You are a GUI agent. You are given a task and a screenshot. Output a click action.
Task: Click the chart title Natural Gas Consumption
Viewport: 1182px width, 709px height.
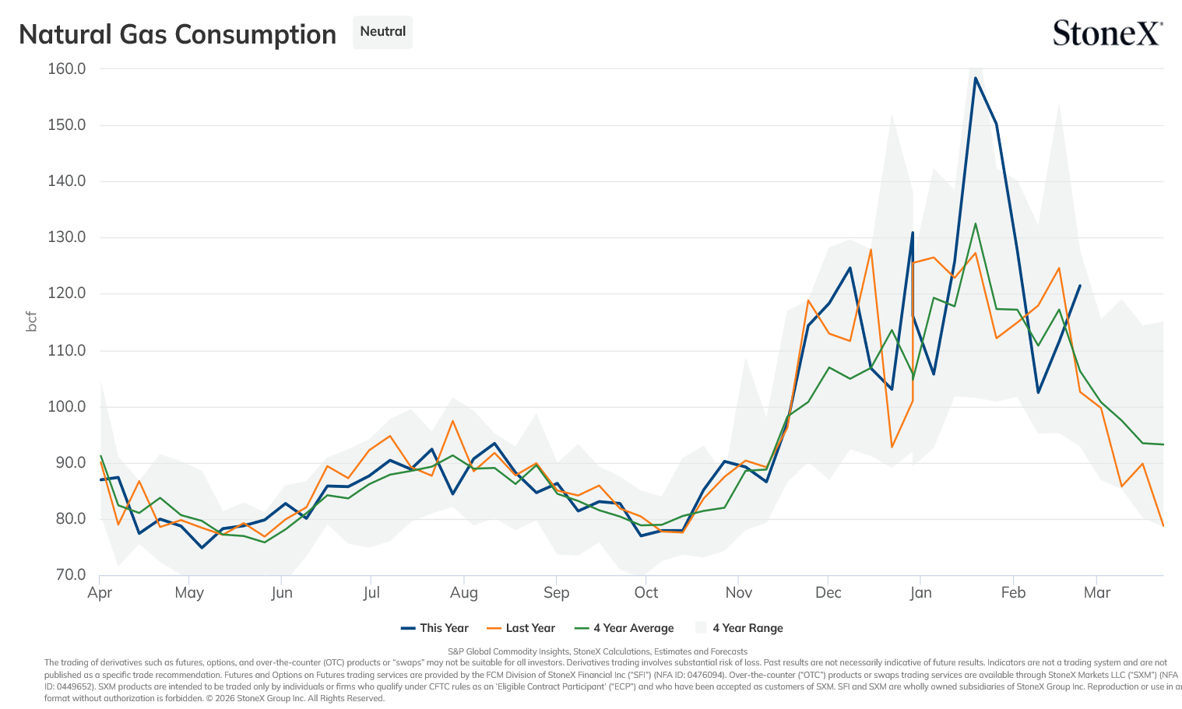point(178,35)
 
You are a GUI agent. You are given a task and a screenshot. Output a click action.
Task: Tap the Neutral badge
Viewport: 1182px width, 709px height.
point(382,32)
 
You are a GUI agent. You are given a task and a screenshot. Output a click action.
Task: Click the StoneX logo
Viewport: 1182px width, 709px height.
point(1107,33)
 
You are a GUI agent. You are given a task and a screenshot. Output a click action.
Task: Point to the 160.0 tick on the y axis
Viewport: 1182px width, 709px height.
point(66,68)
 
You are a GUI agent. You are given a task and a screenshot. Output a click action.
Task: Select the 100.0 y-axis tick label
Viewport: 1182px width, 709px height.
point(66,407)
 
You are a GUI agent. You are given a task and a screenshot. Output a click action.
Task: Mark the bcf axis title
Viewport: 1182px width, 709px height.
point(31,321)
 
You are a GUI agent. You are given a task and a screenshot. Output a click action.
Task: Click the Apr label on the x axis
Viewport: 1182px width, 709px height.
point(100,592)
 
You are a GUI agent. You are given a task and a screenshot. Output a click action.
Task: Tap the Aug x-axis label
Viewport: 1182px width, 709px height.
point(464,592)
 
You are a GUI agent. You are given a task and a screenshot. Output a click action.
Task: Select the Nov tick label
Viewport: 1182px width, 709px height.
point(739,592)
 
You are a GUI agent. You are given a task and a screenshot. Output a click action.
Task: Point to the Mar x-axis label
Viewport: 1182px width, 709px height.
point(1097,592)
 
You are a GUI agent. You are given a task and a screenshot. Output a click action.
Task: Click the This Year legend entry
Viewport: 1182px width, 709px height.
point(434,628)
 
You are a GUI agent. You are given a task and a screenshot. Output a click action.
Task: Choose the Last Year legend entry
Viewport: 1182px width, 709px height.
point(521,628)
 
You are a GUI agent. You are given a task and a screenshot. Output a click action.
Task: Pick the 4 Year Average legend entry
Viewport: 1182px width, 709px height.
point(624,628)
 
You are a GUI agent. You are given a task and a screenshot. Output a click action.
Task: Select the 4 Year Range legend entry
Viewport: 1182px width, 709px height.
point(739,628)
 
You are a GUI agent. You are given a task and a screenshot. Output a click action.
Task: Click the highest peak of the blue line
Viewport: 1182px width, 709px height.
point(976,78)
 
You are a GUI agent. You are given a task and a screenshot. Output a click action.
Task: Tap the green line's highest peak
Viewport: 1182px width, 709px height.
point(976,223)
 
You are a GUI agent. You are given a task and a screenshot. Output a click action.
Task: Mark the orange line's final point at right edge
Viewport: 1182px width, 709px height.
point(1163,525)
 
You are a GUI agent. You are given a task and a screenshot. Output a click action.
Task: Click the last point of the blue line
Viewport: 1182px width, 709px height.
point(1080,286)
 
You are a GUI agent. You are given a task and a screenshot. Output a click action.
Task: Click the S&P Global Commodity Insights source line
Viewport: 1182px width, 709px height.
point(597,651)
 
